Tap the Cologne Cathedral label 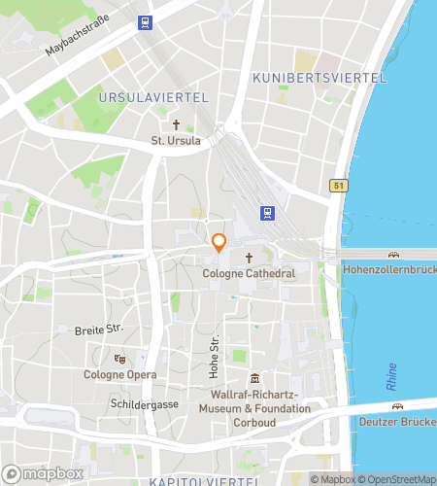249,274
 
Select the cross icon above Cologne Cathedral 249,258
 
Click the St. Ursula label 176,141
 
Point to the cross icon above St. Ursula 176,124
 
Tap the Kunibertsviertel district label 319,77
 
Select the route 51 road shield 337,185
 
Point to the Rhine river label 392,380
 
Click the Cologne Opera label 119,374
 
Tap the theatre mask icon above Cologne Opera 119,358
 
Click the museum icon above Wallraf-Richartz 254,378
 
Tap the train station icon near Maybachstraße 145,21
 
